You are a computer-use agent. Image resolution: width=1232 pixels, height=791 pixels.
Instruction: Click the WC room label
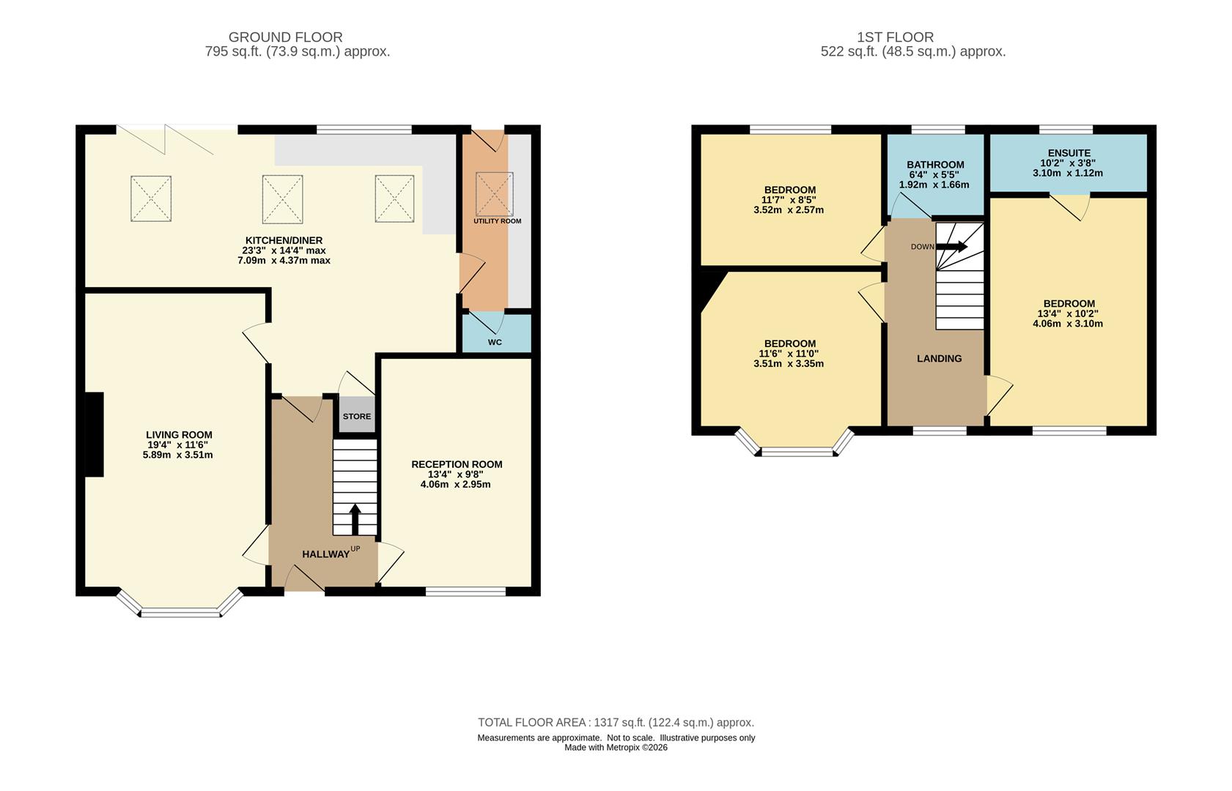point(495,342)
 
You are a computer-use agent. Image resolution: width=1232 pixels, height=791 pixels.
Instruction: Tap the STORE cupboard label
point(357,416)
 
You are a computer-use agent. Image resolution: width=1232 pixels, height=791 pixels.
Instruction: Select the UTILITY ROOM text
point(497,221)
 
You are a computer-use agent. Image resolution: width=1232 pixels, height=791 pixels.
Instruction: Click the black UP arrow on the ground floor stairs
point(355,519)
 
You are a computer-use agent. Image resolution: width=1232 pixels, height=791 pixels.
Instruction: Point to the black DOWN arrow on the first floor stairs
point(952,246)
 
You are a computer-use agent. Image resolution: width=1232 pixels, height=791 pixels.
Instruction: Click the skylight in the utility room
point(494,194)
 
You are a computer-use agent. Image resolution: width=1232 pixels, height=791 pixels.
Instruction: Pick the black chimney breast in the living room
point(94,434)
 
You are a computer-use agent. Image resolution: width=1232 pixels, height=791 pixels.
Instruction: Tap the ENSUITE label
point(1069,153)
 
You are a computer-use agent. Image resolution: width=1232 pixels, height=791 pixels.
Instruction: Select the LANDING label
point(939,358)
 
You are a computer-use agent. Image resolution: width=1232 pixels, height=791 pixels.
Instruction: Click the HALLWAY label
point(325,554)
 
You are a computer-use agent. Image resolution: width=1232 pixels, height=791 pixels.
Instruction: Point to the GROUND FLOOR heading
point(285,37)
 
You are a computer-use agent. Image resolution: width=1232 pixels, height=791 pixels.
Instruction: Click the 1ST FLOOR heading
point(895,37)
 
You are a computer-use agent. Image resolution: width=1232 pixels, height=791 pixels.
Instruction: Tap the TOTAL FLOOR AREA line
point(616,722)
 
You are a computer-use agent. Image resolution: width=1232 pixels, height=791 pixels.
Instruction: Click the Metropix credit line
point(616,748)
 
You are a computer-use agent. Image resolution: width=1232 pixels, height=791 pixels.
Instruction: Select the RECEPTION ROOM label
point(457,464)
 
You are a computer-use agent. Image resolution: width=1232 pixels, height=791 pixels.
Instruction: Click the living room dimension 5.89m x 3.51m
point(177,455)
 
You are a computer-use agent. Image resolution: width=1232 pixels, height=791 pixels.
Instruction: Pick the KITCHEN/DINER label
point(284,240)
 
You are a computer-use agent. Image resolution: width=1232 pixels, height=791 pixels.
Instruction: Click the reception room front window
point(465,592)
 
